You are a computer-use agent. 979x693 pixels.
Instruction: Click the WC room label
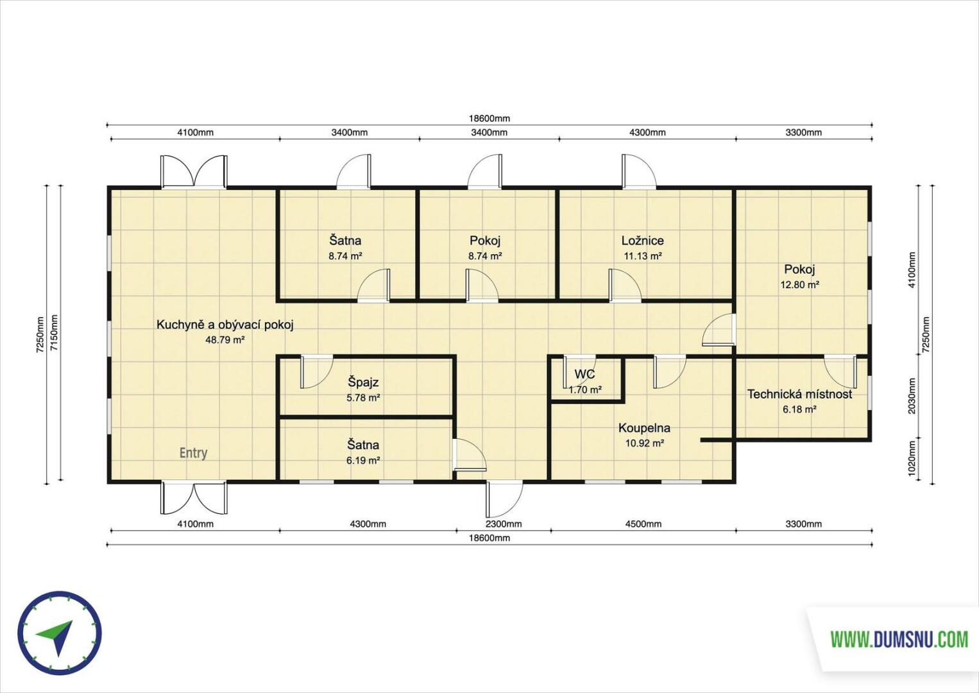(x=585, y=374)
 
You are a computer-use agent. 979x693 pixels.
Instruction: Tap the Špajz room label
(x=362, y=382)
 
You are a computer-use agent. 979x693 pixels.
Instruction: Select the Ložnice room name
(x=642, y=241)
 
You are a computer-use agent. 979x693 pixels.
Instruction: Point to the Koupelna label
(x=644, y=428)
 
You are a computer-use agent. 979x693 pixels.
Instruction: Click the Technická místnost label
(x=800, y=395)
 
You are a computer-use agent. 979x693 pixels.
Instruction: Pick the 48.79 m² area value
(x=225, y=340)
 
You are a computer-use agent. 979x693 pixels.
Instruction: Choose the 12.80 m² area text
(x=800, y=285)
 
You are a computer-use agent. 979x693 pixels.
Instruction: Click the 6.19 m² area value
(x=362, y=461)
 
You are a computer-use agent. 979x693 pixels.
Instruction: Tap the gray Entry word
(x=194, y=453)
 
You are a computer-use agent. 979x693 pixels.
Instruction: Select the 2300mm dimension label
(x=504, y=524)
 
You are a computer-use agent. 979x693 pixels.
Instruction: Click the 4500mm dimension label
(x=643, y=524)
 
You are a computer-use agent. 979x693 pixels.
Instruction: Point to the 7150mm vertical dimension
(x=54, y=333)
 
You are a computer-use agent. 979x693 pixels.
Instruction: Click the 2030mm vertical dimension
(x=912, y=396)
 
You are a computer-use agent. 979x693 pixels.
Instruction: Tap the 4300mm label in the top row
(x=647, y=132)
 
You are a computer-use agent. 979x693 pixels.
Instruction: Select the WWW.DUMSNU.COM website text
(x=899, y=640)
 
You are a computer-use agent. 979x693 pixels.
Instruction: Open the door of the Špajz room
(x=316, y=372)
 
